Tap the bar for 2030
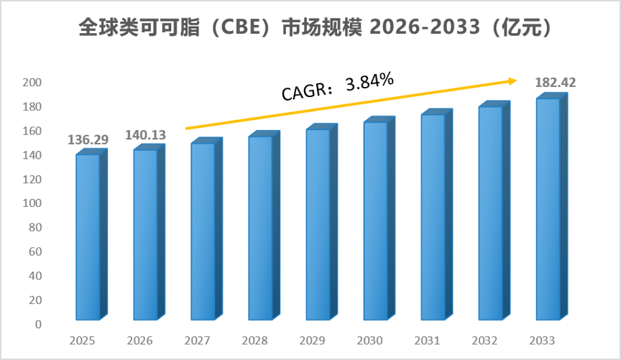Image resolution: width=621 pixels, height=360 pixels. (x=379, y=218)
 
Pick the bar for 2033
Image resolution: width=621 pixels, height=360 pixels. (x=552, y=206)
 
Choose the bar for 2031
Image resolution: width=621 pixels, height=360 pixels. (x=436, y=214)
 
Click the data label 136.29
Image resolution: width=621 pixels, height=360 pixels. (x=88, y=140)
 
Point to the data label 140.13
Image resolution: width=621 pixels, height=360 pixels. (x=145, y=135)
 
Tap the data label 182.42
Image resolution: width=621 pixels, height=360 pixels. (x=556, y=83)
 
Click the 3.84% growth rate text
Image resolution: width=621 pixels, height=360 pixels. (x=369, y=81)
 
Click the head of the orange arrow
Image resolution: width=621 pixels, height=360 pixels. (x=513, y=80)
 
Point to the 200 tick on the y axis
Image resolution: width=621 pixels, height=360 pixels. (x=32, y=83)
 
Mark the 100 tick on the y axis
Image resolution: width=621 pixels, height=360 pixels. (x=32, y=203)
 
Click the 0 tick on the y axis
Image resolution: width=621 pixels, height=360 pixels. (x=38, y=324)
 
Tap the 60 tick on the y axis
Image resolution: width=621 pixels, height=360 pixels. (x=35, y=251)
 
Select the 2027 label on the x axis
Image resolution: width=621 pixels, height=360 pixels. (x=197, y=341)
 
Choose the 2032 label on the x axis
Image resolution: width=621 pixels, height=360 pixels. (x=484, y=341)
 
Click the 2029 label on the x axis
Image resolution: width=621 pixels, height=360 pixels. (x=312, y=341)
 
